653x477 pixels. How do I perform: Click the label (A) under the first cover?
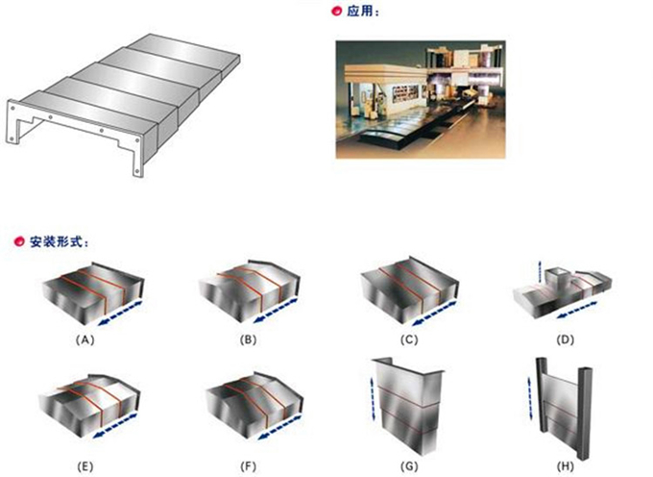pos(85,339)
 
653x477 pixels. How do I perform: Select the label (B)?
pos(248,339)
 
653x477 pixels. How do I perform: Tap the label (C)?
pos(409,339)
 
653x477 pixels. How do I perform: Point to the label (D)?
pos(565,339)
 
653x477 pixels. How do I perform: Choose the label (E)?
pos(85,466)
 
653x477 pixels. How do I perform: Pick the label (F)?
pos(248,466)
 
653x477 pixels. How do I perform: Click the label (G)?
pos(409,466)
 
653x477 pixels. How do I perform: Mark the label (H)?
pos(565,466)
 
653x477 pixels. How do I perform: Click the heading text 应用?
pos(359,12)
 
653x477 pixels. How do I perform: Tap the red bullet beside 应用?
pos(336,12)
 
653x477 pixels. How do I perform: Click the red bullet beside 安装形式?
pos(19,241)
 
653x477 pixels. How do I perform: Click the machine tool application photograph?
pos(421,99)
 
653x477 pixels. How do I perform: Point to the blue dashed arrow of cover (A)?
pos(121,313)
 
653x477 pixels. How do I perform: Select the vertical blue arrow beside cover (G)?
pos(374,398)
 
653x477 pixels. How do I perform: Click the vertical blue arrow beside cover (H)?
pos(531,398)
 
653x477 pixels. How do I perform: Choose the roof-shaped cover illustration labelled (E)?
pos(89,405)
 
